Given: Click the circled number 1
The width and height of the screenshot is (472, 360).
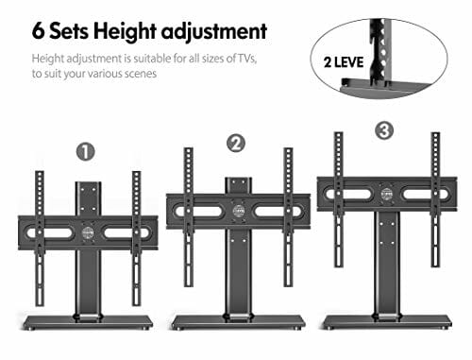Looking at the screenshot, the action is click(x=86, y=152).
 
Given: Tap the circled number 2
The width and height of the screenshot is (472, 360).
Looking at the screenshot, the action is click(x=236, y=144).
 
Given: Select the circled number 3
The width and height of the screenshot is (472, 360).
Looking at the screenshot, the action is click(x=384, y=130).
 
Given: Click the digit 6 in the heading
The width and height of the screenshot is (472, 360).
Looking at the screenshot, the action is click(x=39, y=31).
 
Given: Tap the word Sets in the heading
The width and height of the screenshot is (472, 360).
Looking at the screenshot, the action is click(x=69, y=31).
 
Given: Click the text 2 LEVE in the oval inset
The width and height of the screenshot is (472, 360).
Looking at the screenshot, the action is click(x=344, y=62).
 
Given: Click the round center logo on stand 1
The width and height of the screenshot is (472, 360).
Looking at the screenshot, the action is click(x=88, y=232).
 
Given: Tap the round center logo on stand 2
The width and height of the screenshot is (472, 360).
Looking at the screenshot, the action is click(x=239, y=211).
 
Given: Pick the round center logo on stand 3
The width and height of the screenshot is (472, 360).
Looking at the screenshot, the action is click(x=386, y=194).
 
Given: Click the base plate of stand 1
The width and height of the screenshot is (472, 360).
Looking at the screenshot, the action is click(x=88, y=321).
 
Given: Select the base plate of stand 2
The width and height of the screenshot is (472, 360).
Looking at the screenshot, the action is click(x=238, y=321).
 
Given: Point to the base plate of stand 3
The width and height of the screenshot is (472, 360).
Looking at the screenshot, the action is click(x=387, y=321).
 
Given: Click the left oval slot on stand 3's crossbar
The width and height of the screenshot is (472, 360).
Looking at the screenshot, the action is click(x=349, y=194).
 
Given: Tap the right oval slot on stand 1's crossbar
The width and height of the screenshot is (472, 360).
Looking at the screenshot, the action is click(x=126, y=232).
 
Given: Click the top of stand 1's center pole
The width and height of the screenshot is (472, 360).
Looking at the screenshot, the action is click(x=88, y=183).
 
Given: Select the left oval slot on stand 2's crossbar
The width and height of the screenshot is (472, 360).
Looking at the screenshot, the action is click(x=199, y=211).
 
